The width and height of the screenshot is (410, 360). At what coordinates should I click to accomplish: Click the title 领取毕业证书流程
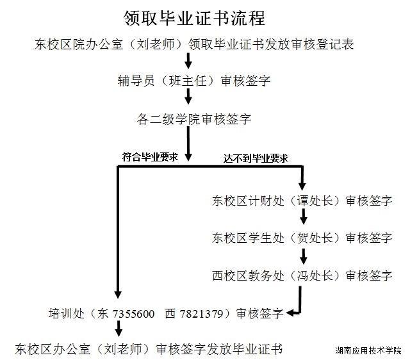click(x=194, y=18)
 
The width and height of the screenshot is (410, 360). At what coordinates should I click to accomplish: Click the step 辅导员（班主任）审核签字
click(x=194, y=81)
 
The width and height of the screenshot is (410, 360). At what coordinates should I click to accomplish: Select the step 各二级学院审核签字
click(x=194, y=119)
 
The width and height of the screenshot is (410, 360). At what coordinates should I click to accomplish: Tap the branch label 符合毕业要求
click(x=150, y=157)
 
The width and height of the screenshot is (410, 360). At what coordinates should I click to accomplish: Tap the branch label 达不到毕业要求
click(x=256, y=158)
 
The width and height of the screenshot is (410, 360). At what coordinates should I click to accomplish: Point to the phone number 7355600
click(x=133, y=313)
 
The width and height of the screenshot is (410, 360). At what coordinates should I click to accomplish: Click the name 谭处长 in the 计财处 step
click(x=315, y=200)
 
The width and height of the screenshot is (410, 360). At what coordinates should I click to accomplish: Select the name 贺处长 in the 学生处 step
click(x=315, y=238)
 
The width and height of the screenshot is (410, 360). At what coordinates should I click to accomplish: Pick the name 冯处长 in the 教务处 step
click(x=315, y=275)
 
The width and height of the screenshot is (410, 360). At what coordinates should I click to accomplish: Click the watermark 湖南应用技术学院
click(x=368, y=350)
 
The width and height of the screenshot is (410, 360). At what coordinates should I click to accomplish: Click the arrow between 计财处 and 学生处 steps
click(x=303, y=217)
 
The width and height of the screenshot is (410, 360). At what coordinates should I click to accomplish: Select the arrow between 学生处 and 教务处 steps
click(x=303, y=256)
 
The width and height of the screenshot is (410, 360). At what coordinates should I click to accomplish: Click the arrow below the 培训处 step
click(x=119, y=329)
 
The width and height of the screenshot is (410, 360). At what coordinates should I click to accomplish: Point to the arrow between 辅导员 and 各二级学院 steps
click(x=188, y=97)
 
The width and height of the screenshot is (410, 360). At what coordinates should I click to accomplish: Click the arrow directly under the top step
click(x=188, y=61)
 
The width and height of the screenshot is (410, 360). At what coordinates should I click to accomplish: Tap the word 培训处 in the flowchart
click(x=67, y=313)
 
